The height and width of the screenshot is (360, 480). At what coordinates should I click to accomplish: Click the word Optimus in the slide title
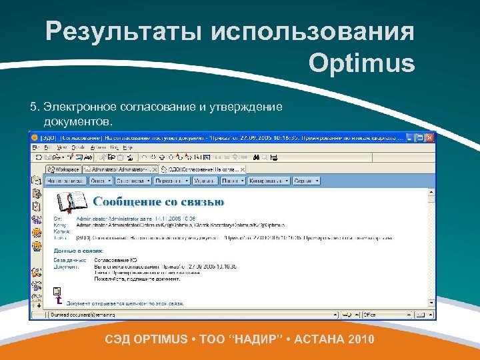(x=361, y=64)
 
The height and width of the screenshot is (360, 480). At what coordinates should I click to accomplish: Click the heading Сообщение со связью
(x=158, y=201)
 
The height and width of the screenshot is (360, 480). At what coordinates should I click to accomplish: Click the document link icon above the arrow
(x=57, y=291)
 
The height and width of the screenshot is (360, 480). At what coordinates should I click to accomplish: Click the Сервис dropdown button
(x=307, y=181)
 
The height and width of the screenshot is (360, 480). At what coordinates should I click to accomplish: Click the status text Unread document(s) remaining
(x=83, y=315)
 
